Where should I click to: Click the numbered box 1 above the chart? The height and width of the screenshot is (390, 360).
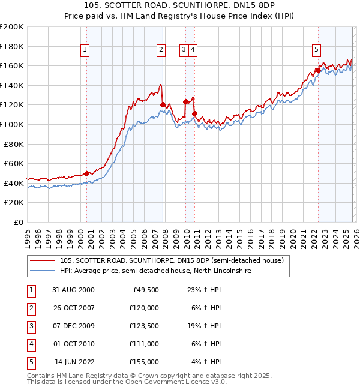[x=86, y=50]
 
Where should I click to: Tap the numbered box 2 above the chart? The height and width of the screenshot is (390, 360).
[x=161, y=50]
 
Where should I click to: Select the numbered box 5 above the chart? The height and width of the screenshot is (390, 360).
[x=316, y=50]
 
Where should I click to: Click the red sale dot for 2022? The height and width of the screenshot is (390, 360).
[x=317, y=70]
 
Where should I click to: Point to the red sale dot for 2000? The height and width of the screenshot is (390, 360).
[x=87, y=173]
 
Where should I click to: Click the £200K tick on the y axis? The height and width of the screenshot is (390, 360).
[x=12, y=27]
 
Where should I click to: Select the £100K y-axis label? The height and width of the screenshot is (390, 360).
[x=12, y=124]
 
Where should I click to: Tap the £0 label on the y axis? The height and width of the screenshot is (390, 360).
[x=18, y=222]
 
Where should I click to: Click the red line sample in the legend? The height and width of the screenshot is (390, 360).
[x=43, y=260]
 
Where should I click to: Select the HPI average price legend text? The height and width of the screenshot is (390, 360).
[x=155, y=271]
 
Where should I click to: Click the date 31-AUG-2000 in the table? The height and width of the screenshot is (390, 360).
[x=73, y=290]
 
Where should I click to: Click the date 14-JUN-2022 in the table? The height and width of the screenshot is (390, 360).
[x=74, y=362]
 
